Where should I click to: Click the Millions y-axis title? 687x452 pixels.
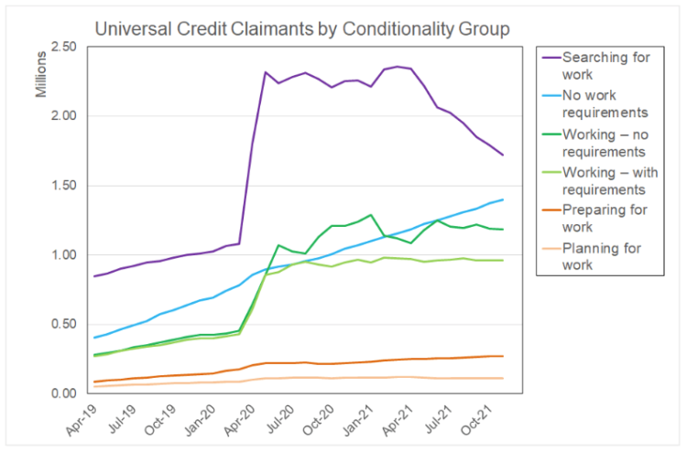pyautogui.click(x=40, y=74)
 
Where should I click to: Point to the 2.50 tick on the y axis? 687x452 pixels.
pyautogui.click(x=64, y=47)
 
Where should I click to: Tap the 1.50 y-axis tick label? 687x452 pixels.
pyautogui.click(x=64, y=186)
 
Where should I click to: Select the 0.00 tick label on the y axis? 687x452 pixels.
pyautogui.click(x=64, y=393)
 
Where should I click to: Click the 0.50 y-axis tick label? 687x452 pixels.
pyautogui.click(x=64, y=324)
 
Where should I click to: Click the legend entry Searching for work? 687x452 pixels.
pyautogui.click(x=596, y=66)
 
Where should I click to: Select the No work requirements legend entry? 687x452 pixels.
pyautogui.click(x=595, y=103)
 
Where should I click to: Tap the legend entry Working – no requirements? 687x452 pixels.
pyautogui.click(x=595, y=143)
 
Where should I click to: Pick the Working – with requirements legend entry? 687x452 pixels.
pyautogui.click(x=600, y=181)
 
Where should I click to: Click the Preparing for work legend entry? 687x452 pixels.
pyautogui.click(x=594, y=219)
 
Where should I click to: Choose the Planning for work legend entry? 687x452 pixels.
pyautogui.click(x=592, y=256)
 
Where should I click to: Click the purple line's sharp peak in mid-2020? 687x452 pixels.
pyautogui.click(x=266, y=72)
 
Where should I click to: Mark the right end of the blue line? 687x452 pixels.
pyautogui.click(x=503, y=199)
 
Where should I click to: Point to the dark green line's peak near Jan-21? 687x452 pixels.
pyautogui.click(x=371, y=215)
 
